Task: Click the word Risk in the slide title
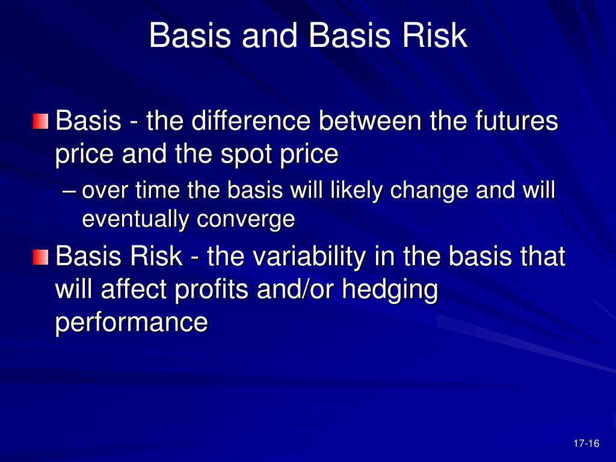click(x=434, y=35)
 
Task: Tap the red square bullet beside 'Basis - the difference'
click(x=40, y=122)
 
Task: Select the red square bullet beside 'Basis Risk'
click(x=40, y=257)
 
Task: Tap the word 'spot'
click(x=246, y=155)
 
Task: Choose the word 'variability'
click(x=309, y=256)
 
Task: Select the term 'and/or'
click(x=295, y=289)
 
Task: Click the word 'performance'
click(x=131, y=323)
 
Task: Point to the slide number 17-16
click(x=586, y=443)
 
